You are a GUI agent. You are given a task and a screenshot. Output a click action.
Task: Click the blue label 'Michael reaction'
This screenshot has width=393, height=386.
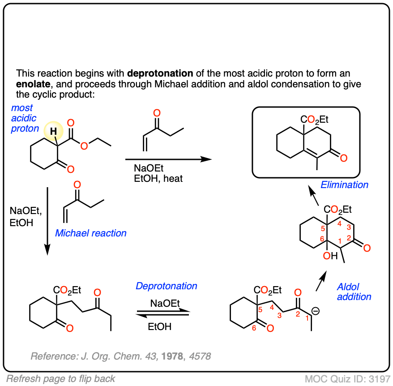pos(90,233)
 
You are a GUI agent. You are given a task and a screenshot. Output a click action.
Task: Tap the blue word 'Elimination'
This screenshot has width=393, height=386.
pos(344,184)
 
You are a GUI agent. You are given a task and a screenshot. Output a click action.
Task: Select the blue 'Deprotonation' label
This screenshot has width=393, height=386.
pos(166,286)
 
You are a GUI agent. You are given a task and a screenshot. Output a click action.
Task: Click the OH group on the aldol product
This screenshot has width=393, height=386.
pos(331,256)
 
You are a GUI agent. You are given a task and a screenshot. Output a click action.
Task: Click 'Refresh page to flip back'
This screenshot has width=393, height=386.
pos(60,378)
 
